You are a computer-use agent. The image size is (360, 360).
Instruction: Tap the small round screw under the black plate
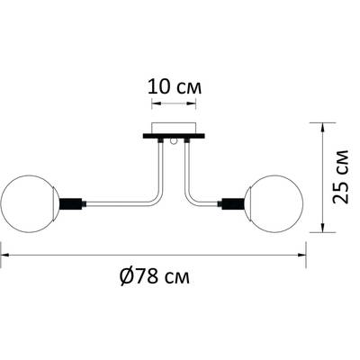tap(174, 144)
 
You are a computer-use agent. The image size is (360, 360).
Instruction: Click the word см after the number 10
tap(187, 88)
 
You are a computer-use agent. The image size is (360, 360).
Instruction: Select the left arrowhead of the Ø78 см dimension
tap(5, 255)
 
